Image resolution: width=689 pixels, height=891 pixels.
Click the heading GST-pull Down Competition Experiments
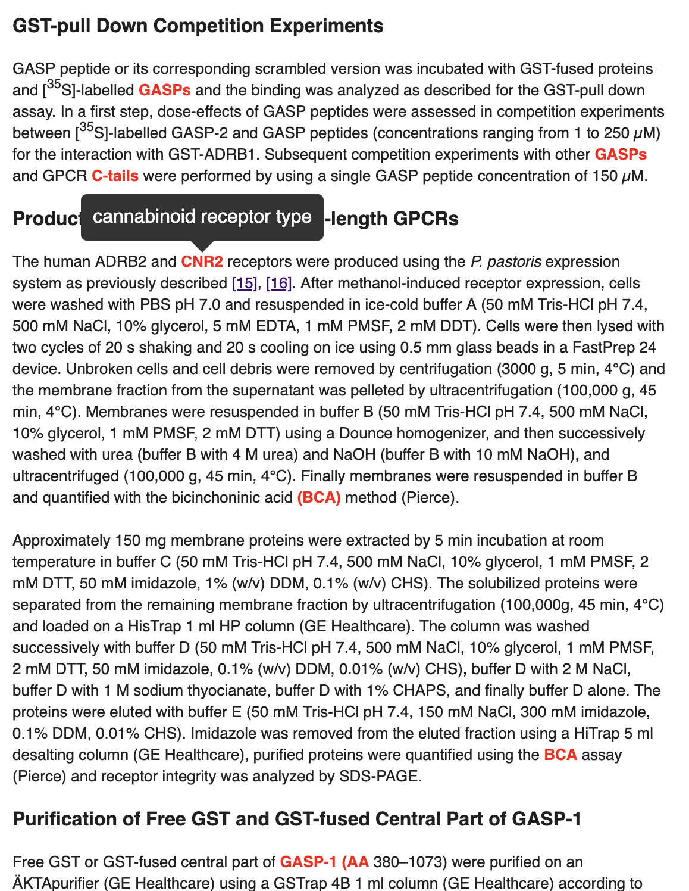(x=198, y=26)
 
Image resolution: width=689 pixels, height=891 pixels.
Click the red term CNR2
(x=202, y=262)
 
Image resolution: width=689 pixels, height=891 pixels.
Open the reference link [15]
(x=244, y=283)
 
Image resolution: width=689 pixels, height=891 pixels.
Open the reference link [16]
(x=278, y=283)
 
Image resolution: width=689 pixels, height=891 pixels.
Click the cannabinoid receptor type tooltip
(x=202, y=217)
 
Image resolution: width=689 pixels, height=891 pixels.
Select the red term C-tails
(x=115, y=176)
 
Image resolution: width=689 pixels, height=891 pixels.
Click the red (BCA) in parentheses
(x=319, y=498)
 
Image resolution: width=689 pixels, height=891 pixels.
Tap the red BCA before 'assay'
(x=560, y=755)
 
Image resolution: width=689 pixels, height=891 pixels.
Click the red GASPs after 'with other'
(x=620, y=155)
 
